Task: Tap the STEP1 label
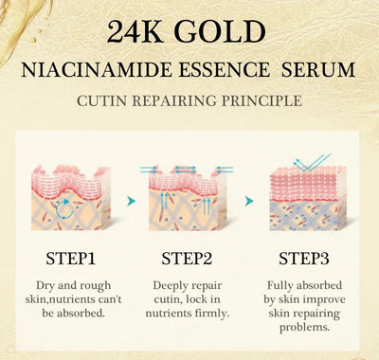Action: tap(71, 258)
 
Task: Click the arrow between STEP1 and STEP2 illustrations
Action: tap(130, 201)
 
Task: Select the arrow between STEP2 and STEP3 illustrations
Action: tap(248, 201)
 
